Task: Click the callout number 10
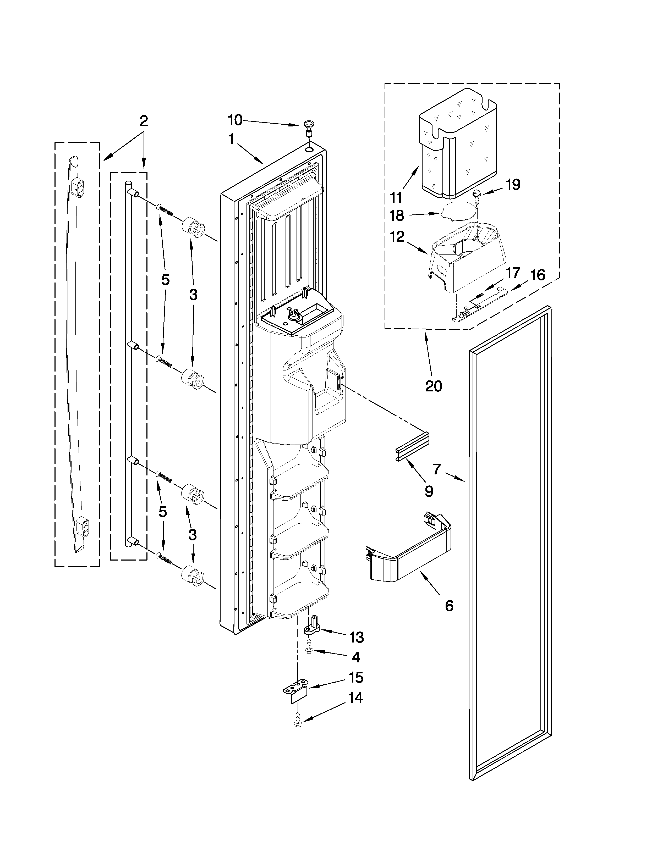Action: [235, 119]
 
